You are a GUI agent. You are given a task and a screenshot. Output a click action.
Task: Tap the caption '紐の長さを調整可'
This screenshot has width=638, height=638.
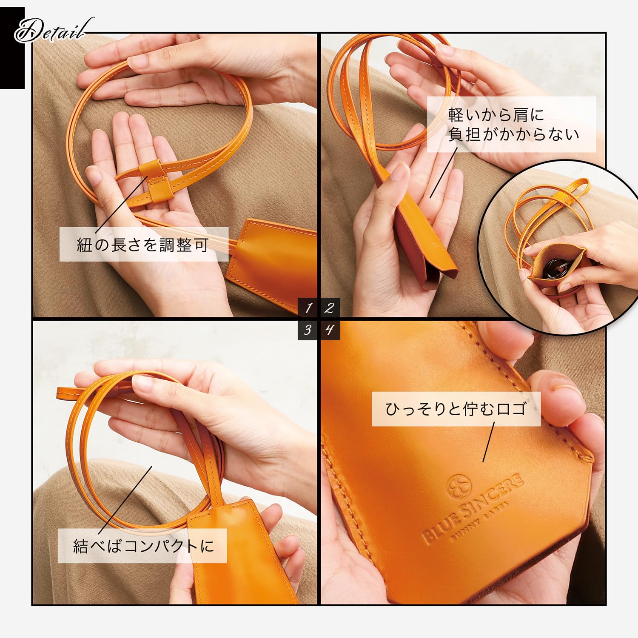[x=143, y=245]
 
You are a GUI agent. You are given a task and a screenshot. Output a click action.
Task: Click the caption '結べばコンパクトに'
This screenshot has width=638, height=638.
[x=144, y=546]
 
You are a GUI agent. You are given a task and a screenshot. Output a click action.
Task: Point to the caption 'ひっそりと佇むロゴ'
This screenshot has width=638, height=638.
[x=456, y=409]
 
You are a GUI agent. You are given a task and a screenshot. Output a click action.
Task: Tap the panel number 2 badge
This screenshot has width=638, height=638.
[x=330, y=308]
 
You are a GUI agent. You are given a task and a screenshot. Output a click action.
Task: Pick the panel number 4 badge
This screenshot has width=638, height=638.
[x=330, y=330]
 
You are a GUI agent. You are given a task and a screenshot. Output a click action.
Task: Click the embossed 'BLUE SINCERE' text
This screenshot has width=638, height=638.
[x=472, y=508]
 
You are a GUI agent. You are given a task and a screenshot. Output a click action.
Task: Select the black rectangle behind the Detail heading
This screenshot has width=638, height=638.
[x=12, y=48]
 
